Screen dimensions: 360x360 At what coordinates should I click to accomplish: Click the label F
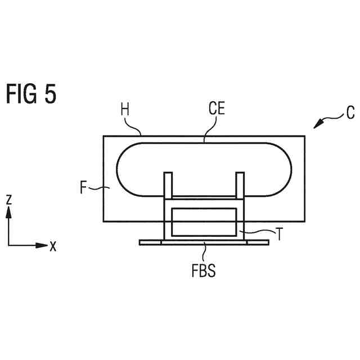83,187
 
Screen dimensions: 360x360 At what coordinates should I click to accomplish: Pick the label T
277,231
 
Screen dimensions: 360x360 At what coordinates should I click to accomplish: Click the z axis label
8,199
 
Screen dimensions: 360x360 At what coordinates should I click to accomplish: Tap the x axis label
53,246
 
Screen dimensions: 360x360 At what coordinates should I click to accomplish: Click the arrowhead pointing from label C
317,124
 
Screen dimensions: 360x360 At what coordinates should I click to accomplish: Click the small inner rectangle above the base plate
204,222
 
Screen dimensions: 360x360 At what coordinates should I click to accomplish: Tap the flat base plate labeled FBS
204,242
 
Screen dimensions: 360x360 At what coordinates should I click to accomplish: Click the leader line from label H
136,127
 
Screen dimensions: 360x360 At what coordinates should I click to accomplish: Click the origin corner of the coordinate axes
8,245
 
